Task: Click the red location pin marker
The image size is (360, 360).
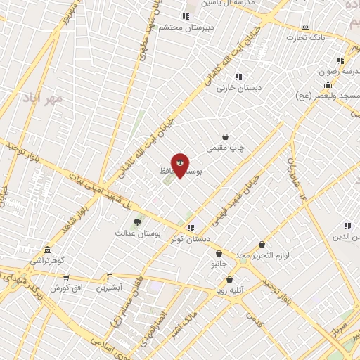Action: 180,165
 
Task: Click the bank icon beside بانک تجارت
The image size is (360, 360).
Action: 305,27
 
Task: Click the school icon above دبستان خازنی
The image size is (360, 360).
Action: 238,76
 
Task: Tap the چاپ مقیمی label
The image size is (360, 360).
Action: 225,148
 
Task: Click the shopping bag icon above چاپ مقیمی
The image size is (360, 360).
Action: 225,136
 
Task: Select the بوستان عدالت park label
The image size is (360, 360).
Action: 139,233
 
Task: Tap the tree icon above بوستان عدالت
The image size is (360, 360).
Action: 137,221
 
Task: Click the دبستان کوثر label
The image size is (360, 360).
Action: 191,240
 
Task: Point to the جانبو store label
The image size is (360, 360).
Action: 219,265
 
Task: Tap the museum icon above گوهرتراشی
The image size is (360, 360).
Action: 47,250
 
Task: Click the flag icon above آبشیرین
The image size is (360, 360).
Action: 109,277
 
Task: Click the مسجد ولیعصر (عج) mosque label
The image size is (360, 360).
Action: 337,96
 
